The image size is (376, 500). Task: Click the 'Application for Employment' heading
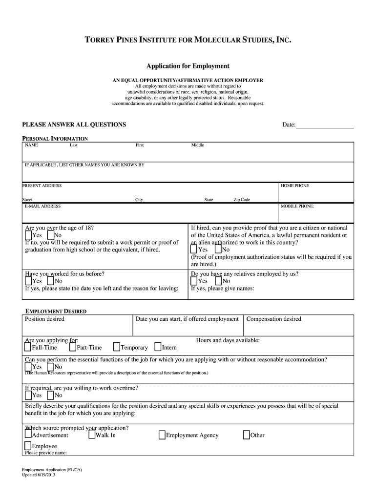(188, 66)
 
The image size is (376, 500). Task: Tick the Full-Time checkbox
(27, 347)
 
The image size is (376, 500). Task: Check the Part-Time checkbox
(73, 347)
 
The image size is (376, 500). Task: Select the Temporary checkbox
(117, 347)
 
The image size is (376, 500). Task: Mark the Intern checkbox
(158, 347)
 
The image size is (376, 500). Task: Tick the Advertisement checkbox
(28, 435)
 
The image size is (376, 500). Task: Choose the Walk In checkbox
(92, 435)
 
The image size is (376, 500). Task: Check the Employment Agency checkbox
(162, 435)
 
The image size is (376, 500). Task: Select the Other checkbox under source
(247, 435)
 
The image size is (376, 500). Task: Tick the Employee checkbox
(28, 445)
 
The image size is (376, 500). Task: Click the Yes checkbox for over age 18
(28, 235)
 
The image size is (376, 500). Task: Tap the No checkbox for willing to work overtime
(50, 395)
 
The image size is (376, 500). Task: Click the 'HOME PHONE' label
(295, 186)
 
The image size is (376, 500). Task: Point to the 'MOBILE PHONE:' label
(297, 207)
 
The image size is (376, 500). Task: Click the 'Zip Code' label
(242, 200)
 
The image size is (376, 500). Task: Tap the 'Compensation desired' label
(274, 319)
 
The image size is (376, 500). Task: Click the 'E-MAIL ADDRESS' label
(43, 207)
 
